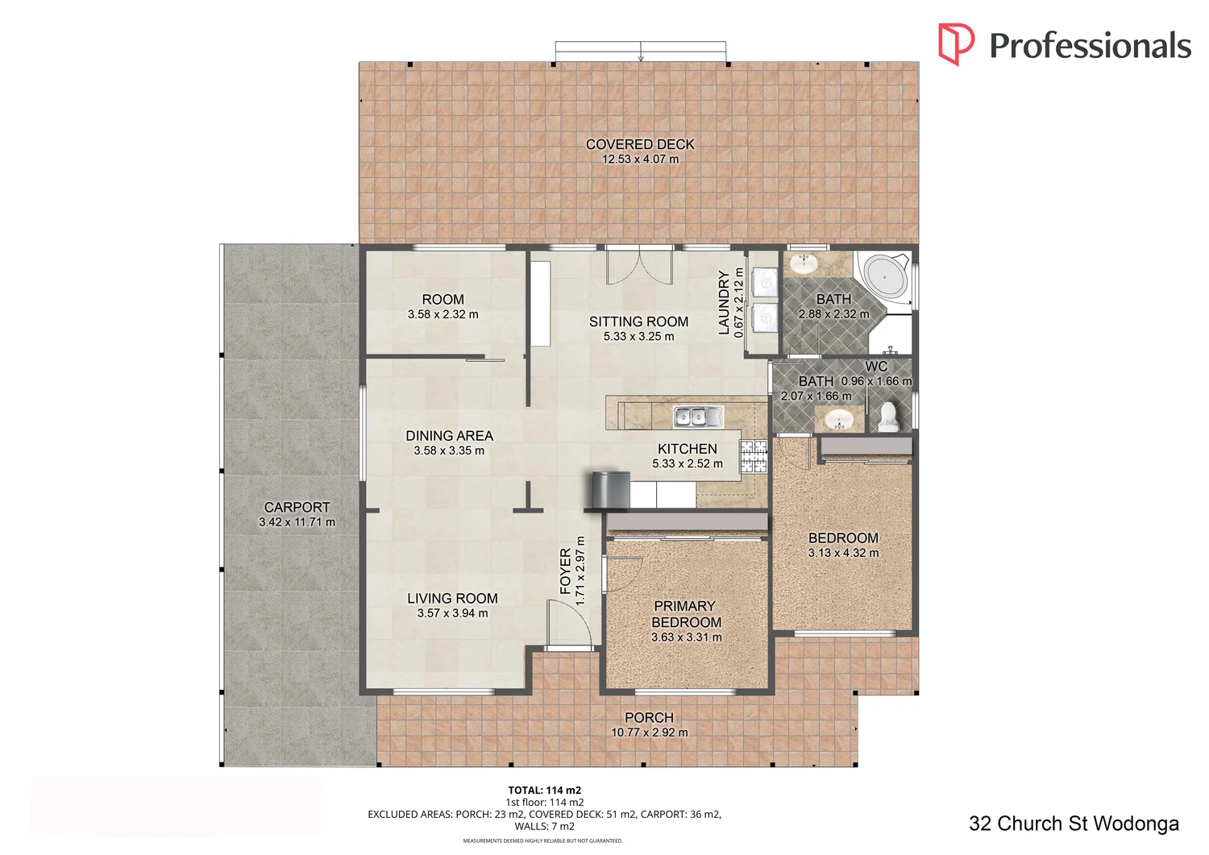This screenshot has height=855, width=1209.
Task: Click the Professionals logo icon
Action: click(956, 44)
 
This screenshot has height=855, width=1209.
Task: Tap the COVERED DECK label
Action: click(640, 144)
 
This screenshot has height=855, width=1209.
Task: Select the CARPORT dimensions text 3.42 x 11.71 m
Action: click(297, 522)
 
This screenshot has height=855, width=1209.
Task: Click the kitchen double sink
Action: click(698, 417)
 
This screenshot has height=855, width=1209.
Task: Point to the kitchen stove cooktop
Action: click(754, 456)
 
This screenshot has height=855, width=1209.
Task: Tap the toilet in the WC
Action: click(887, 416)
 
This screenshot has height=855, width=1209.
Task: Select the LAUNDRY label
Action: click(724, 302)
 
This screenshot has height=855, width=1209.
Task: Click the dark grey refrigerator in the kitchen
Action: click(609, 490)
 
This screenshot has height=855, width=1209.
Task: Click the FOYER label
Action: click(566, 571)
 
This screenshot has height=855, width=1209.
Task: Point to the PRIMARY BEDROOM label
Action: click(686, 614)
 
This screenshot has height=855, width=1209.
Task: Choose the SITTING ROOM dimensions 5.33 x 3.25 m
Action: click(638, 337)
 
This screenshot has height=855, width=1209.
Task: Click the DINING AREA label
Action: click(449, 436)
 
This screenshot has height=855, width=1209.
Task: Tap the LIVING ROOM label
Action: click(452, 599)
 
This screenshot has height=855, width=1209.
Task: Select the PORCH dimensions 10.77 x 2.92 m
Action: click(649, 733)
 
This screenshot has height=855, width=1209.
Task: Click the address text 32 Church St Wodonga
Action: click(1074, 824)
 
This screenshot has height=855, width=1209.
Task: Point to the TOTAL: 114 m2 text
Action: click(544, 791)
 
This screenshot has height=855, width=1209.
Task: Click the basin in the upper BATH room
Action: click(803, 264)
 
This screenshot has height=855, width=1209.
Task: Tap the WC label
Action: click(876, 367)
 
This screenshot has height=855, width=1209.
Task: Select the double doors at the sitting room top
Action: click(639, 266)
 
